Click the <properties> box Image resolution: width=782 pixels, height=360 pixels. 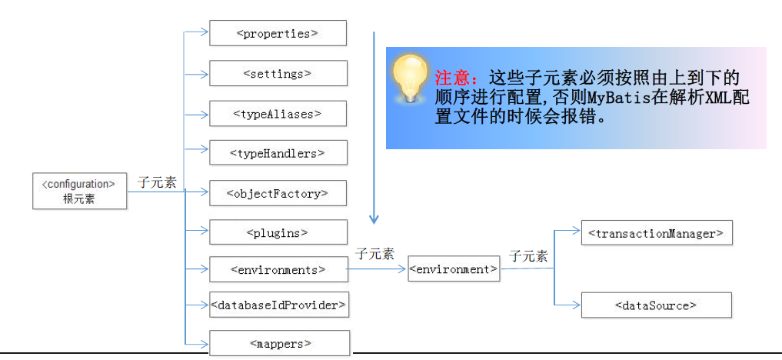(x=278, y=33)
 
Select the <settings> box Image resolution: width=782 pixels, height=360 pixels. (x=278, y=73)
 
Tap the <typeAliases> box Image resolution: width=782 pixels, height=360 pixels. (x=278, y=114)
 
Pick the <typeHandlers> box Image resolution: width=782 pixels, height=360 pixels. (x=278, y=153)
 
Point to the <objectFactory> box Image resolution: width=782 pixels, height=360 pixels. (x=278, y=193)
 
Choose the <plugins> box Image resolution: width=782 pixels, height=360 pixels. (x=278, y=232)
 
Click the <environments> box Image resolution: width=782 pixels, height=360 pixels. (x=278, y=270)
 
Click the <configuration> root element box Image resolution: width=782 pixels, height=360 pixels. (x=79, y=191)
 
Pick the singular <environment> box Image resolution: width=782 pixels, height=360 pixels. (x=454, y=269)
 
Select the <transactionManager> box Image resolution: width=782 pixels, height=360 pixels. (x=656, y=232)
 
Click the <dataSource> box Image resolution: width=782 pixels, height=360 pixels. (x=656, y=305)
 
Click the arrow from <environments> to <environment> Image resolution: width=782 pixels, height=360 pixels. (x=377, y=269)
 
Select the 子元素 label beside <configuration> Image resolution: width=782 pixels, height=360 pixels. (x=157, y=182)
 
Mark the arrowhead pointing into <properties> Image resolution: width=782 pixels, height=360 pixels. (x=205, y=32)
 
